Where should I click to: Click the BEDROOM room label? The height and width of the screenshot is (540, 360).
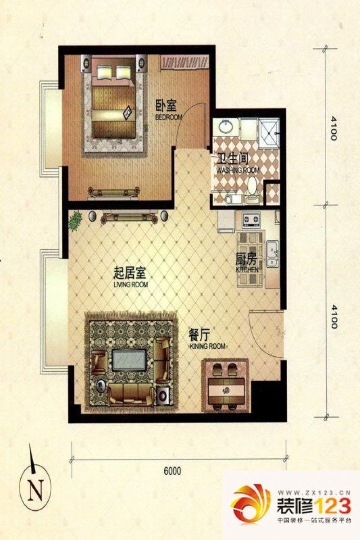[x=169, y=117]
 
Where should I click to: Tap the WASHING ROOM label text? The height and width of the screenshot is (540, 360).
[x=238, y=171]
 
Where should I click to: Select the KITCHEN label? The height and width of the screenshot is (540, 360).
[x=247, y=270]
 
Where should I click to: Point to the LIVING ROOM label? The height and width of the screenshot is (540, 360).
[x=131, y=284]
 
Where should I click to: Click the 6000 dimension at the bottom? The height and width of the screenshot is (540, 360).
[x=172, y=471]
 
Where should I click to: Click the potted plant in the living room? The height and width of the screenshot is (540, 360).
[x=76, y=220]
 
